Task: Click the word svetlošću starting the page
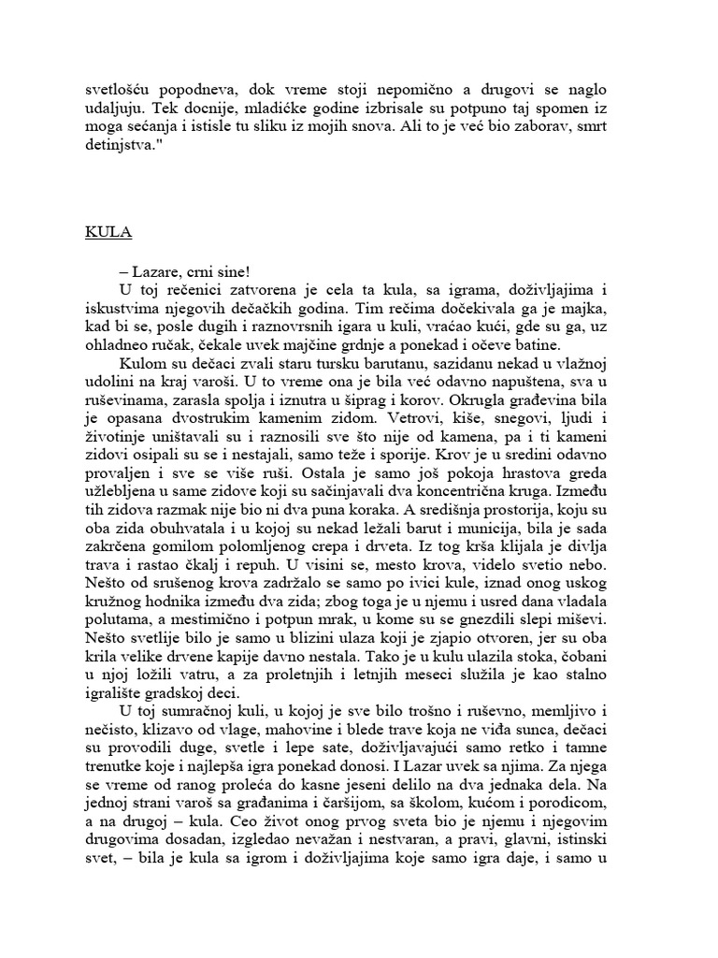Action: [120, 90]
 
